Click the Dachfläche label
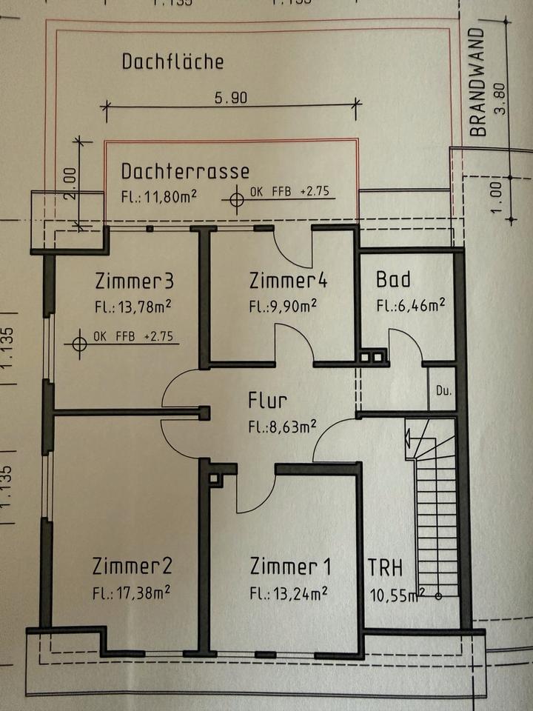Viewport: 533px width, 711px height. tap(172, 61)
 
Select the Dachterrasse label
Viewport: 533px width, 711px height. tap(185, 171)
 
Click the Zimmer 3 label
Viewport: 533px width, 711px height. tap(134, 281)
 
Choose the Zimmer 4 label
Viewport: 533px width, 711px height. tap(288, 281)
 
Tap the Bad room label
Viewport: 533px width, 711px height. tap(393, 280)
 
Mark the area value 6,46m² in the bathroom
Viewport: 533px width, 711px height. tap(410, 304)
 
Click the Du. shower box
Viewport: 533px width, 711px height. tap(443, 390)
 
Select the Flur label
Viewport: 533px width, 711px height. tap(267, 401)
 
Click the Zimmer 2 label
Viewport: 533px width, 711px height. tap(133, 567)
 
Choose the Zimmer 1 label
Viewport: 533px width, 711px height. tap(290, 567)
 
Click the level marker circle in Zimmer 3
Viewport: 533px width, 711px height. tap(79, 344)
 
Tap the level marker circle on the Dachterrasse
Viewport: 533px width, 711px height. tap(237, 200)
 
